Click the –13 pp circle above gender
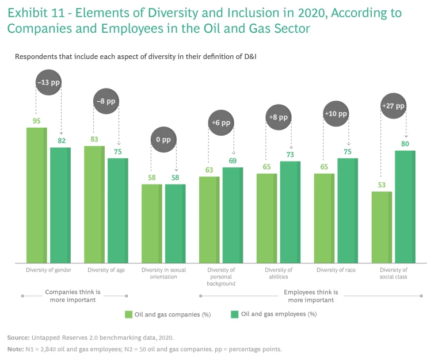48,82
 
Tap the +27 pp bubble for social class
393,106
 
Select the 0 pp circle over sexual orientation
163,139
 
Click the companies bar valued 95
37,196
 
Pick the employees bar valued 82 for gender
60,205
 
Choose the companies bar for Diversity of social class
382,227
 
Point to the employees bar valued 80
405,207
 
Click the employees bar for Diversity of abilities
290,212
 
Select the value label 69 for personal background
233,160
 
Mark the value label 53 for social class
382,185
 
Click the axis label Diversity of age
106,270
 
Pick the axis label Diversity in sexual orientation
163,273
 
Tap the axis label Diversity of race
336,270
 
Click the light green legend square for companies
129,314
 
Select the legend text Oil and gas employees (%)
279,314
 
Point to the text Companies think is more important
73,296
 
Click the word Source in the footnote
18,338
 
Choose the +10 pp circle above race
336,114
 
